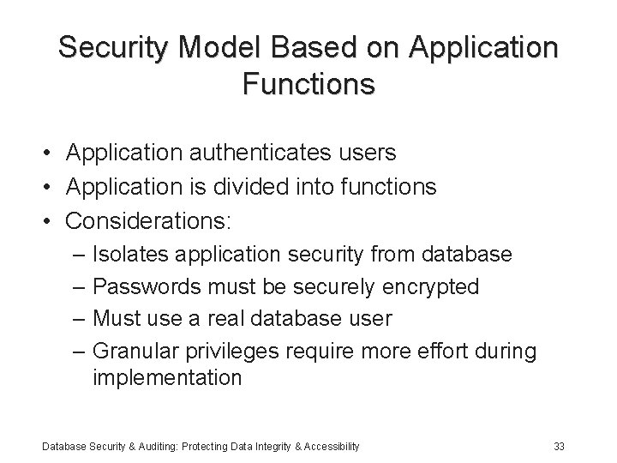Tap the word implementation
coord(166,378)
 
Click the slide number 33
coord(560,446)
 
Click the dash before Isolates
coord(80,255)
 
